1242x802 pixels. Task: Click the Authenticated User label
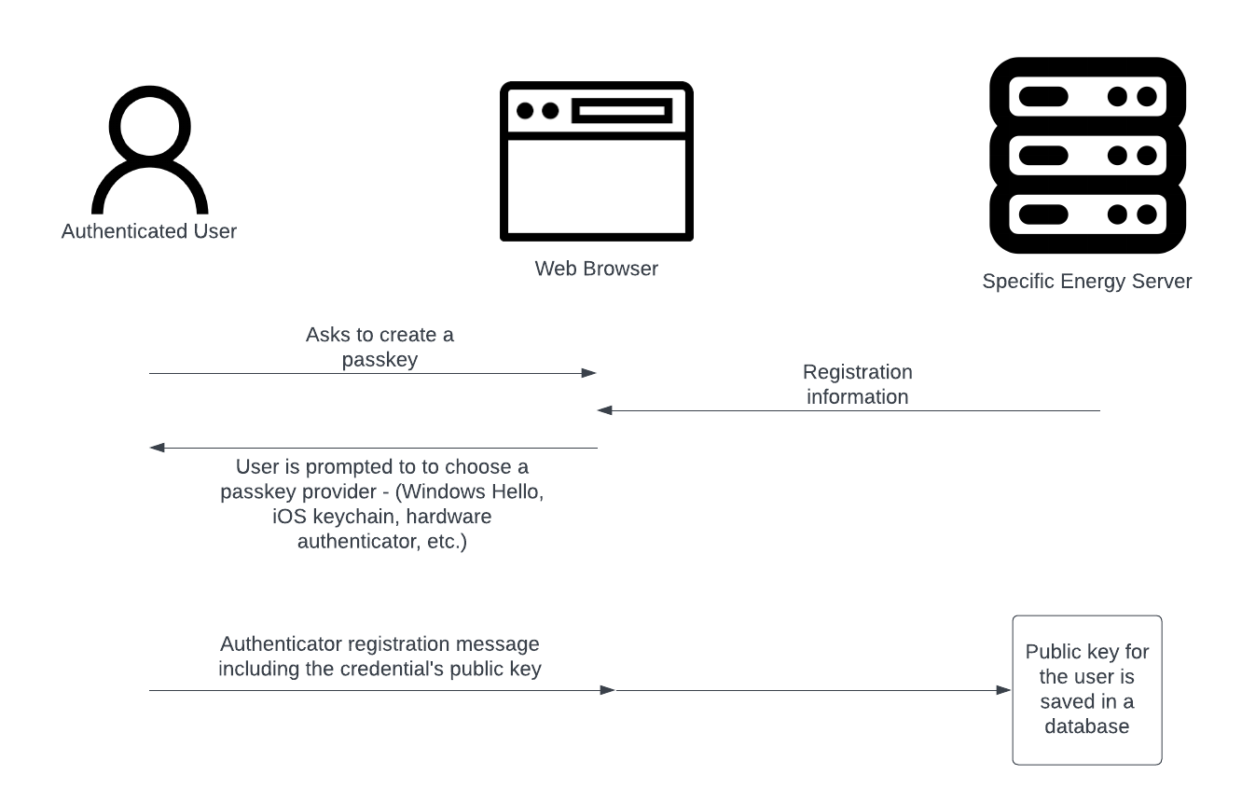click(x=148, y=231)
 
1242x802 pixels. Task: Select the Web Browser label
click(x=596, y=269)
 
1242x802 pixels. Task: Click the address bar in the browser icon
click(x=622, y=110)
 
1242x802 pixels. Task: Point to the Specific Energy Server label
click(x=1087, y=282)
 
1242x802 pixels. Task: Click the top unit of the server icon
click(x=1087, y=96)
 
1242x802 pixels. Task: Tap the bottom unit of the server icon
click(x=1087, y=214)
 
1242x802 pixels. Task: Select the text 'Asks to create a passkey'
click(x=379, y=347)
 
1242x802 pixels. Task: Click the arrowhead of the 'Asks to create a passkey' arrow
click(x=589, y=373)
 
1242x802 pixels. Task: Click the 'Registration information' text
click(x=857, y=384)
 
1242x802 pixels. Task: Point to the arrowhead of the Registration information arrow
click(x=604, y=410)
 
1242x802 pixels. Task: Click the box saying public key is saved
click(x=1087, y=690)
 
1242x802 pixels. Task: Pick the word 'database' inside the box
click(x=1087, y=726)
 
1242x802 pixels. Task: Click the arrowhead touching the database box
click(x=1004, y=690)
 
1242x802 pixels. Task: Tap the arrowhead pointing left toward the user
click(x=157, y=448)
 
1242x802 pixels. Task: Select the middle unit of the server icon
click(x=1087, y=156)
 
